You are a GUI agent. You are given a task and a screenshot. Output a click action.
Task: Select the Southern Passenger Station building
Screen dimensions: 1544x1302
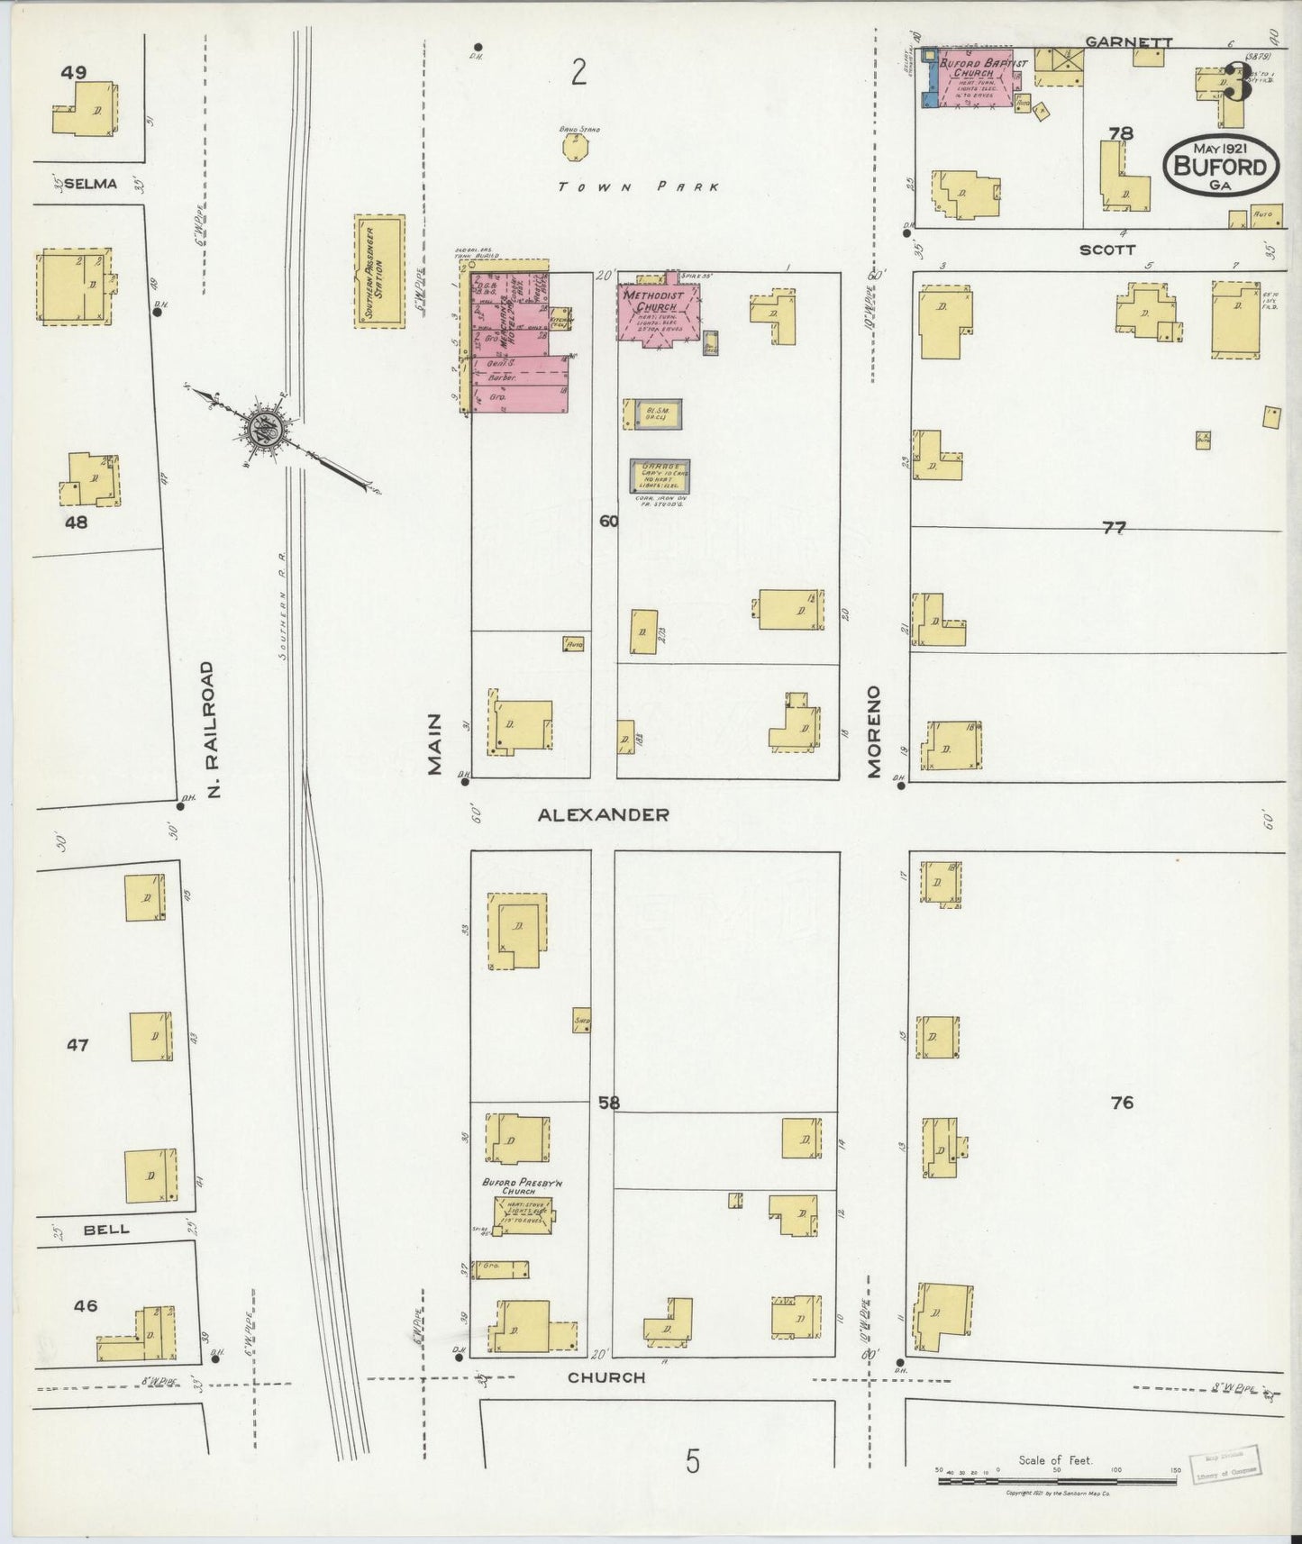coord(379,270)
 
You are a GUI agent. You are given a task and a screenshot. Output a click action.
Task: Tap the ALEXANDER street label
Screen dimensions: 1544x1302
coord(603,814)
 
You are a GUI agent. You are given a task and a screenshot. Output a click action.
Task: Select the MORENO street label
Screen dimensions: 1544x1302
coord(873,731)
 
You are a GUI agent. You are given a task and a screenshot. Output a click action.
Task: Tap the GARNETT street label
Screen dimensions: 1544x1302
coord(1116,41)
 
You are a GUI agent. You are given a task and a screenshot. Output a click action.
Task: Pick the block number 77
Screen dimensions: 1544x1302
coord(1115,528)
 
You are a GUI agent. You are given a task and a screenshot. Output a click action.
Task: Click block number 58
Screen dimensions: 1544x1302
coord(608,1102)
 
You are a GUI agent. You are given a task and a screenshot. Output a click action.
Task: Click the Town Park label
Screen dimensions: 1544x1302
coord(638,187)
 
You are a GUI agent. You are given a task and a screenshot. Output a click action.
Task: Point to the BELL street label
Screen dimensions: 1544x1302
coord(106,1229)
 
